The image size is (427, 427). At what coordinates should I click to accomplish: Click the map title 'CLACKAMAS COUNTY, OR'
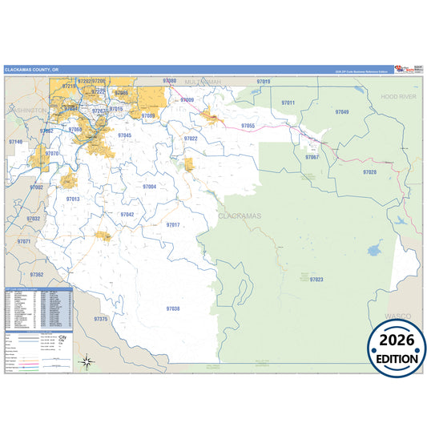[x=31, y=70]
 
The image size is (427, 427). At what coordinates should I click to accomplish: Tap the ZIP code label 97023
[x=316, y=280]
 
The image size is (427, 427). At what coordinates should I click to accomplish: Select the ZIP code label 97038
[x=173, y=308]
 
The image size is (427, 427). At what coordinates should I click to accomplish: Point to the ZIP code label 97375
[x=100, y=319]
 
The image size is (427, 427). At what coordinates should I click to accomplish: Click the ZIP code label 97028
[x=369, y=172]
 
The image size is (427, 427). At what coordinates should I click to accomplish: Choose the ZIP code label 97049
[x=342, y=112]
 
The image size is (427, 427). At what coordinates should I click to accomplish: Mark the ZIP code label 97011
[x=288, y=103]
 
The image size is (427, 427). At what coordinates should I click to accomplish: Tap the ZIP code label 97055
[x=248, y=126]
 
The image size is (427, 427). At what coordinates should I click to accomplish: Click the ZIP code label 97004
[x=149, y=186]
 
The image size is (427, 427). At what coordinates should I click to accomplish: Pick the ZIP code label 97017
[x=173, y=225]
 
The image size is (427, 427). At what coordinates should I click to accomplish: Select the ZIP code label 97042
[x=127, y=215]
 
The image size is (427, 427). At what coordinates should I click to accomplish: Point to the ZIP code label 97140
[x=16, y=142]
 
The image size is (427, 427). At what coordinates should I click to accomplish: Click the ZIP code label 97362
[x=36, y=275]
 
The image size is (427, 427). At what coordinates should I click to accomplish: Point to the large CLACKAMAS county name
[x=240, y=216]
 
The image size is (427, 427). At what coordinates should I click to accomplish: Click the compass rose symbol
[x=87, y=361]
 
